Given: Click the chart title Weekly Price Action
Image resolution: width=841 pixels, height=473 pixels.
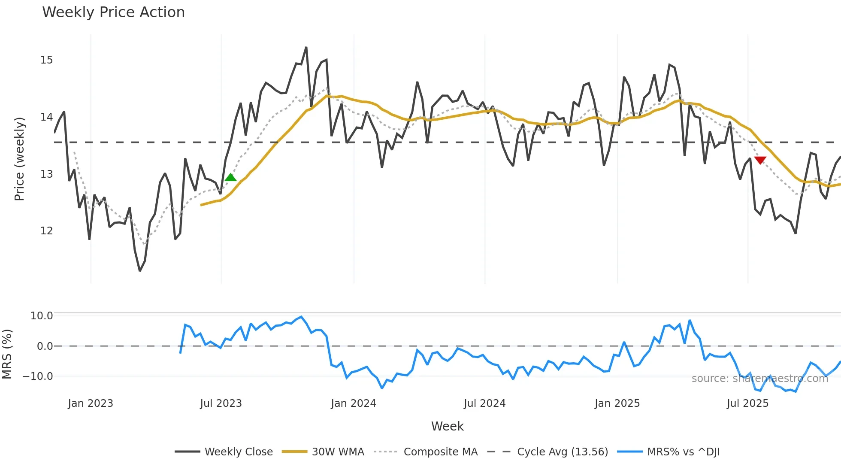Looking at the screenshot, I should pyautogui.click(x=113, y=12).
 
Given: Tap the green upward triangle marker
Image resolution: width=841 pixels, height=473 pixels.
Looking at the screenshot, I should pyautogui.click(x=230, y=177).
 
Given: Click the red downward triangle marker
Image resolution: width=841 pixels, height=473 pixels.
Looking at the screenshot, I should pyautogui.click(x=760, y=160).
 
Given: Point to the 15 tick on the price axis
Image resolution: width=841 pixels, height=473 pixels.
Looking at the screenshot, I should pyautogui.click(x=47, y=60).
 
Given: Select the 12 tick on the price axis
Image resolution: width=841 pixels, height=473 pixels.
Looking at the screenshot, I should pyautogui.click(x=47, y=231).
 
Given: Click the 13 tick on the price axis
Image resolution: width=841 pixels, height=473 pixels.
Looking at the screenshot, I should pyautogui.click(x=47, y=174).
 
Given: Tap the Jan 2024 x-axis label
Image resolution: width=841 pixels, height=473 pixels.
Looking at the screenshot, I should pyautogui.click(x=353, y=403).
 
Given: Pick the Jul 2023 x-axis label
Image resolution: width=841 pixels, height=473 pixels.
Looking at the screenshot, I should pyautogui.click(x=221, y=403).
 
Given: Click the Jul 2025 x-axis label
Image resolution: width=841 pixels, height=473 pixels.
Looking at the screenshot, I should pyautogui.click(x=747, y=403).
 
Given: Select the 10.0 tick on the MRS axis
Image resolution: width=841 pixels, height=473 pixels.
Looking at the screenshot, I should pyautogui.click(x=42, y=316).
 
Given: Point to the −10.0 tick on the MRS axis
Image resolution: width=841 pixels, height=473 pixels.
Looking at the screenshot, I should pyautogui.click(x=38, y=376).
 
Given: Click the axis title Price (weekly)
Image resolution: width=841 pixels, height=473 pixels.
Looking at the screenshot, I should pyautogui.click(x=20, y=159).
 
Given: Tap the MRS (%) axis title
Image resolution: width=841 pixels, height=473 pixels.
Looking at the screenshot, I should pyautogui.click(x=7, y=354).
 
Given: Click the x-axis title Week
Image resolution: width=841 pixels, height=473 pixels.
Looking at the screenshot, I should pyautogui.click(x=447, y=426).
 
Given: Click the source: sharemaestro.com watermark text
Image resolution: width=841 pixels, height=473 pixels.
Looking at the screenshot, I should pyautogui.click(x=759, y=379).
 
